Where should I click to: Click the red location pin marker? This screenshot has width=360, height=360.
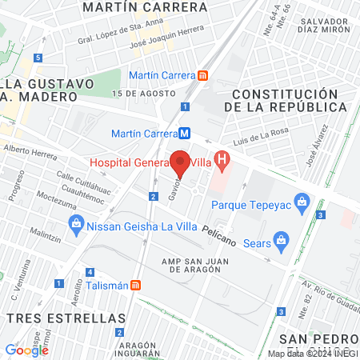tap(181, 163)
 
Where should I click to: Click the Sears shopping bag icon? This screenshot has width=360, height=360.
tap(280, 239)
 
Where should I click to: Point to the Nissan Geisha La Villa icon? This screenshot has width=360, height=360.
tap(76, 222)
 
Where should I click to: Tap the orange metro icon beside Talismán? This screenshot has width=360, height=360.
tap(137, 285)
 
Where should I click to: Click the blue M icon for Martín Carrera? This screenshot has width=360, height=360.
tap(185, 134)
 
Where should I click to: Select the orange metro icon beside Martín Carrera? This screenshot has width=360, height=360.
tap(203, 75)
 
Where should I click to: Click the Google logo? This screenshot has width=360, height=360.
tap(26, 350)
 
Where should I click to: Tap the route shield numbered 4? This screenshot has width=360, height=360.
tap(90, 272)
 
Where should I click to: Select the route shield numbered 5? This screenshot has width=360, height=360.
tap(38, 58)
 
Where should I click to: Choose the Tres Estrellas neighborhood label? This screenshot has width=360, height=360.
tap(51, 318)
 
